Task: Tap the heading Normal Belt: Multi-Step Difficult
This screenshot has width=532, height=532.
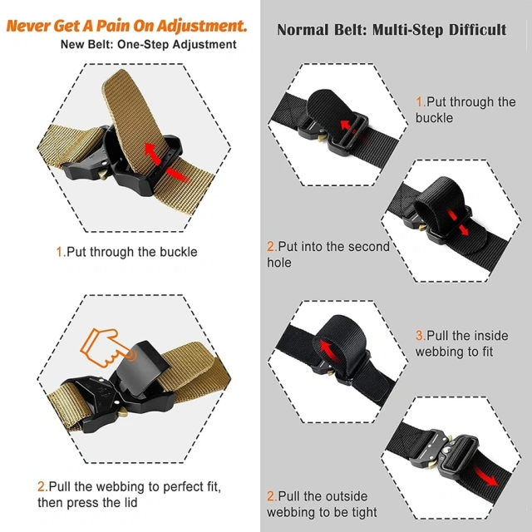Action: click(391, 30)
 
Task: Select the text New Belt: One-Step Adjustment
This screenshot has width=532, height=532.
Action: click(148, 44)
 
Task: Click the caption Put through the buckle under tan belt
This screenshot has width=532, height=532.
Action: click(126, 251)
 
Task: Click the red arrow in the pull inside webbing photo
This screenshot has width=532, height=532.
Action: click(327, 345)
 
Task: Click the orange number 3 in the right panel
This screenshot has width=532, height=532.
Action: click(420, 336)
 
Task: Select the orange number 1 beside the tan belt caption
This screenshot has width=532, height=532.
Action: click(59, 251)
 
